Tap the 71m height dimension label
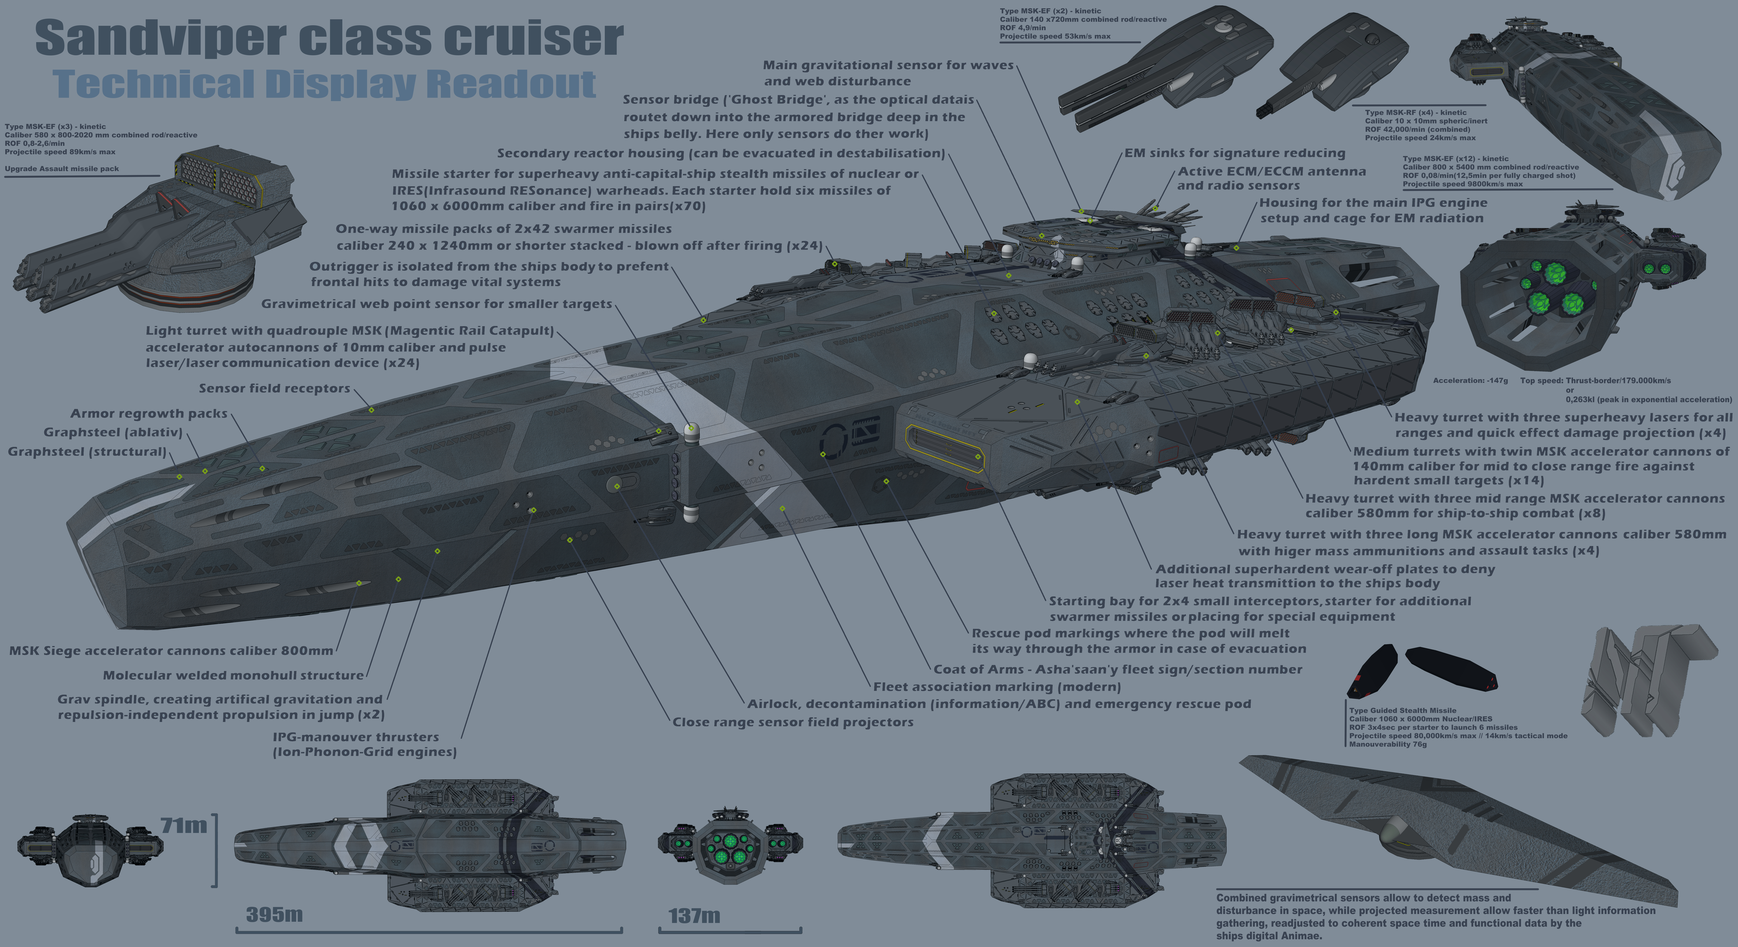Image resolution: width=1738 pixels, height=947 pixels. tap(183, 825)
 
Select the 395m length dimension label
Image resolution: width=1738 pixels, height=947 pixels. tap(274, 915)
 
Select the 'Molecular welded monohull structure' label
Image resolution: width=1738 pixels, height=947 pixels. tap(233, 675)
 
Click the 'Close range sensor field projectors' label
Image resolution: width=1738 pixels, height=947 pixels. tap(793, 722)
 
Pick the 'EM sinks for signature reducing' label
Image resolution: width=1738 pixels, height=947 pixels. tap(1234, 153)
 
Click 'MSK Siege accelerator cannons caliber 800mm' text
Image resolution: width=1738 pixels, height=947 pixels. tap(171, 651)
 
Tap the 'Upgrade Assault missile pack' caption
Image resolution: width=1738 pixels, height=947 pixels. tap(61, 169)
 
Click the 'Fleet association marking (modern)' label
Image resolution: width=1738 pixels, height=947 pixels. tap(996, 687)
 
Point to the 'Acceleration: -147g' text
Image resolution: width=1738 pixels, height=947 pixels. tap(1469, 380)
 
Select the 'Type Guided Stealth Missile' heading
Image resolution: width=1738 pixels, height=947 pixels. tap(1402, 710)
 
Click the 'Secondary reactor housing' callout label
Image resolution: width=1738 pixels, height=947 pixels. tap(721, 153)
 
